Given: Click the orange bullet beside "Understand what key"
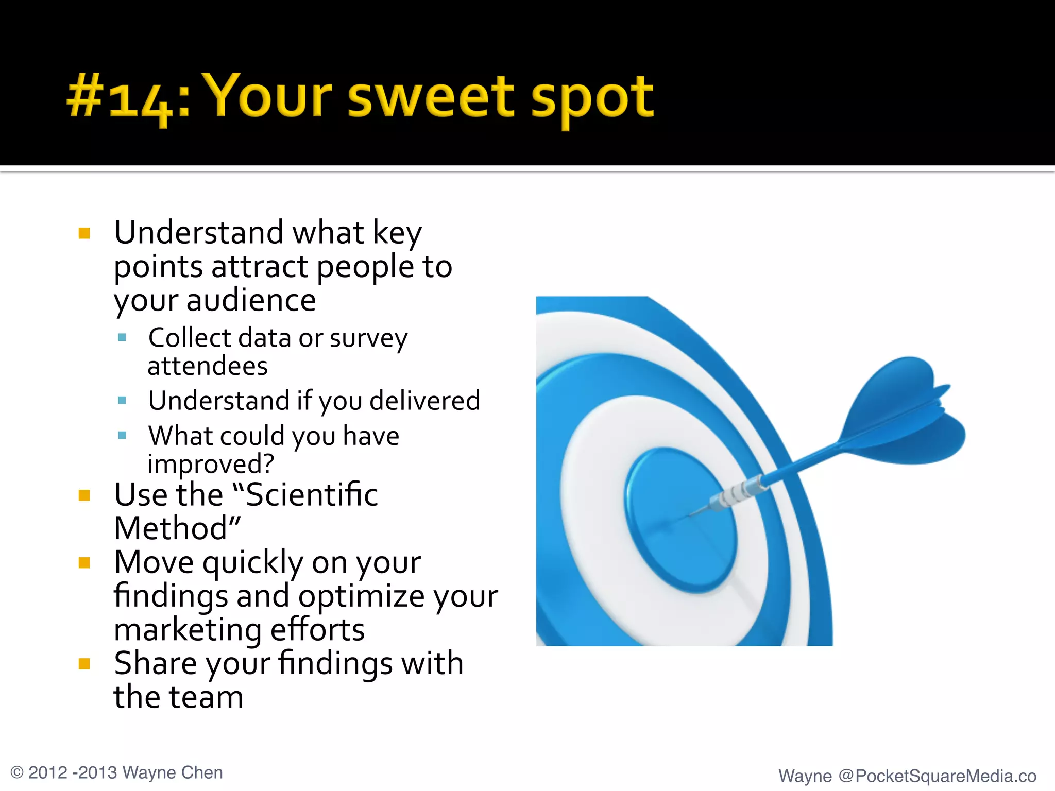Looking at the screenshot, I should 84,233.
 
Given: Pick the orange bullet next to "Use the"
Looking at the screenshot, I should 84,495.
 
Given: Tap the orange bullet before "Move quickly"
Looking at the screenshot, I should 84,562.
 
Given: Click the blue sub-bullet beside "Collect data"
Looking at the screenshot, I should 122,338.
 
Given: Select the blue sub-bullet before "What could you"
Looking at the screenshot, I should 122,436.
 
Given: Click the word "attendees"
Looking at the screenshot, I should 208,366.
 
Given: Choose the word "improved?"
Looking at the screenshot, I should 211,463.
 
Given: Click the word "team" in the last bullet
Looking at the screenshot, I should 207,697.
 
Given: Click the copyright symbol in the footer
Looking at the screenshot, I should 17,773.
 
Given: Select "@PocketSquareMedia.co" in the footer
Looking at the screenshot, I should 937,776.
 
